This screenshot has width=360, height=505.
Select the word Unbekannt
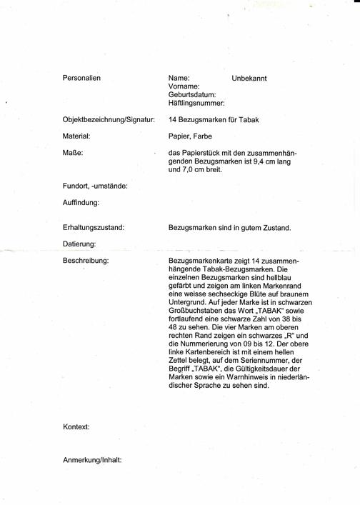click(x=249, y=78)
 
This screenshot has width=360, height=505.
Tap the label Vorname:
click(x=184, y=86)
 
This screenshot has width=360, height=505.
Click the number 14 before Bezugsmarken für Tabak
click(x=173, y=119)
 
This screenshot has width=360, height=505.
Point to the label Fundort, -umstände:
click(x=95, y=186)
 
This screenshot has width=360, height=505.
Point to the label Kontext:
click(x=76, y=426)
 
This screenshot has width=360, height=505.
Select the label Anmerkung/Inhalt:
click(x=92, y=459)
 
